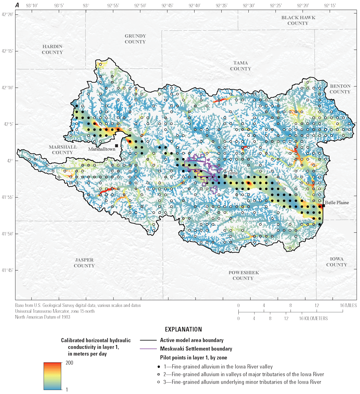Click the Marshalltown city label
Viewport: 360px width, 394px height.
102,149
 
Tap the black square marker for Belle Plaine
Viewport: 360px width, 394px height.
323,206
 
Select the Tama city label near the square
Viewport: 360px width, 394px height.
232,173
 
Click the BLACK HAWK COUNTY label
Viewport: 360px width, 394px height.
298,20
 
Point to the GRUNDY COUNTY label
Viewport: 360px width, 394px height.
135,39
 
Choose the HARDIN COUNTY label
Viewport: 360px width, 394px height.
52,49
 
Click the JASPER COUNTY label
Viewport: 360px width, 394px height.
84,263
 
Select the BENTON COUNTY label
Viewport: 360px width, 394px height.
340,89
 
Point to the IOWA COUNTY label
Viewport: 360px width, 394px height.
337,262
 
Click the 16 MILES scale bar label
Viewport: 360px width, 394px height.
349,305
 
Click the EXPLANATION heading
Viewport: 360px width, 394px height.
184,330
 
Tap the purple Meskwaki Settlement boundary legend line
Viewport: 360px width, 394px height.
148,349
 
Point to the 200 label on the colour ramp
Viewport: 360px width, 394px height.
69,363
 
